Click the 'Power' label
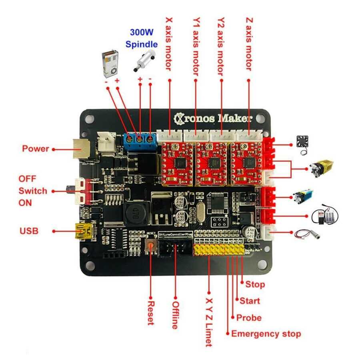35,149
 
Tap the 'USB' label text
29,231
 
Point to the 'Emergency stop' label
266,334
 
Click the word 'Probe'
248,318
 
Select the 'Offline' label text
174,315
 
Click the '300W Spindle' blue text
142,38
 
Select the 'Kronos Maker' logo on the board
214,118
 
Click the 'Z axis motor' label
249,44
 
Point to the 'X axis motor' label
168,44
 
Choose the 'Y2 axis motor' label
221,46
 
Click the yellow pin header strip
219,250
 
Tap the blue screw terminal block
140,140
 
